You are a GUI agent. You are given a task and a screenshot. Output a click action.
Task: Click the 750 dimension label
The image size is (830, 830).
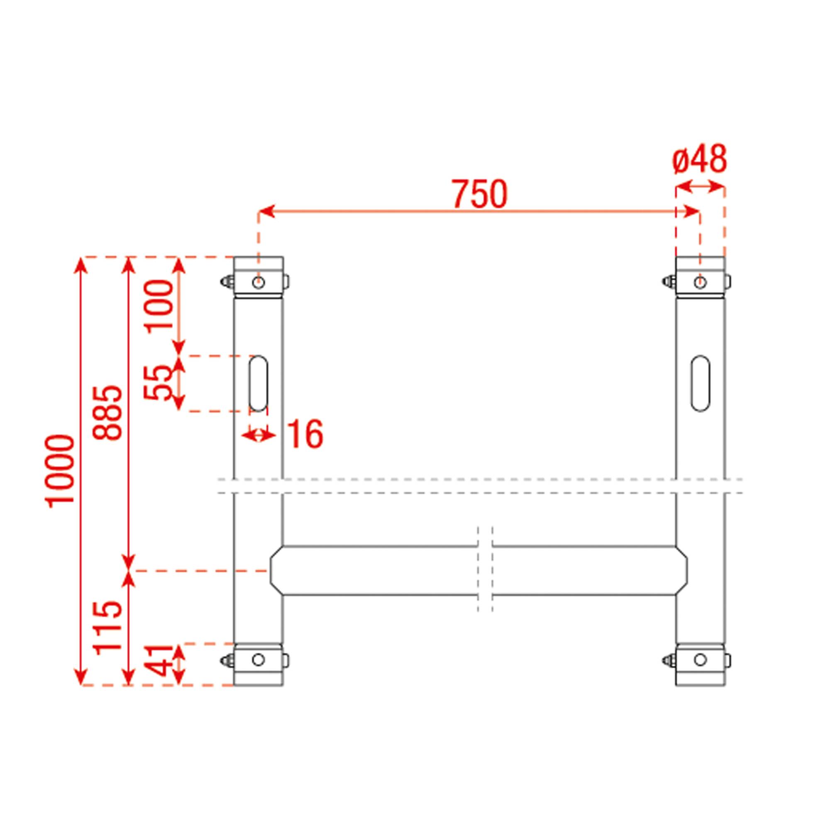tap(479, 195)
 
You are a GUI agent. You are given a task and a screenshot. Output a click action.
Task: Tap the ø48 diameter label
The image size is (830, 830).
tap(699, 159)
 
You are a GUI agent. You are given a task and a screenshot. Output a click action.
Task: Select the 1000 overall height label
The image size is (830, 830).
tap(61, 471)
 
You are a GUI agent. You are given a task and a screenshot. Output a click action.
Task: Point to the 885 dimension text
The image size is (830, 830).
tap(108, 413)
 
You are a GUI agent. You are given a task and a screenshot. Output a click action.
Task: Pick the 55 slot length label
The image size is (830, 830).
tap(157, 383)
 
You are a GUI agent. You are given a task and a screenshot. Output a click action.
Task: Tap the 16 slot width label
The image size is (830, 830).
tap(305, 435)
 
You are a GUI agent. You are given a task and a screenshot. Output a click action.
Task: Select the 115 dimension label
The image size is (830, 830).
tap(108, 627)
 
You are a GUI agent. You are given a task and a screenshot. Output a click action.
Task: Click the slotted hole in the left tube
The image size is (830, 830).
tap(259, 383)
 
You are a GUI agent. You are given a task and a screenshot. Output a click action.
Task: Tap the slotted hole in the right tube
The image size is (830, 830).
tap(700, 383)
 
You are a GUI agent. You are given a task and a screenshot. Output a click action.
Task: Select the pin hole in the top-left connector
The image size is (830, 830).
tap(259, 283)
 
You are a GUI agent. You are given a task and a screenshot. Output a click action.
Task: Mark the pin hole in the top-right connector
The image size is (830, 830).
tap(700, 283)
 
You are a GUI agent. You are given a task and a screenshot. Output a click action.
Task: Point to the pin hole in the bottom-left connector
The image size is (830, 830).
tap(258, 659)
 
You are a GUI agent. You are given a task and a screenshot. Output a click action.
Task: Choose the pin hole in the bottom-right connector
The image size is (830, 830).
tap(700, 659)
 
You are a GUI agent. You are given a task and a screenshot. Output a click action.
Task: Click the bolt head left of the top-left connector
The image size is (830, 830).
tap(225, 282)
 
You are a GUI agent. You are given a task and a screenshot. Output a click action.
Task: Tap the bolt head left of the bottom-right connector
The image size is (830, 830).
tap(667, 660)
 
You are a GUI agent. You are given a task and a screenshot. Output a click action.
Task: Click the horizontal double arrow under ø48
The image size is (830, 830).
tap(700, 186)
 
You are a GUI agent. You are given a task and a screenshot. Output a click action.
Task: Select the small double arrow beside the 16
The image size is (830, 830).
tap(258, 436)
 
